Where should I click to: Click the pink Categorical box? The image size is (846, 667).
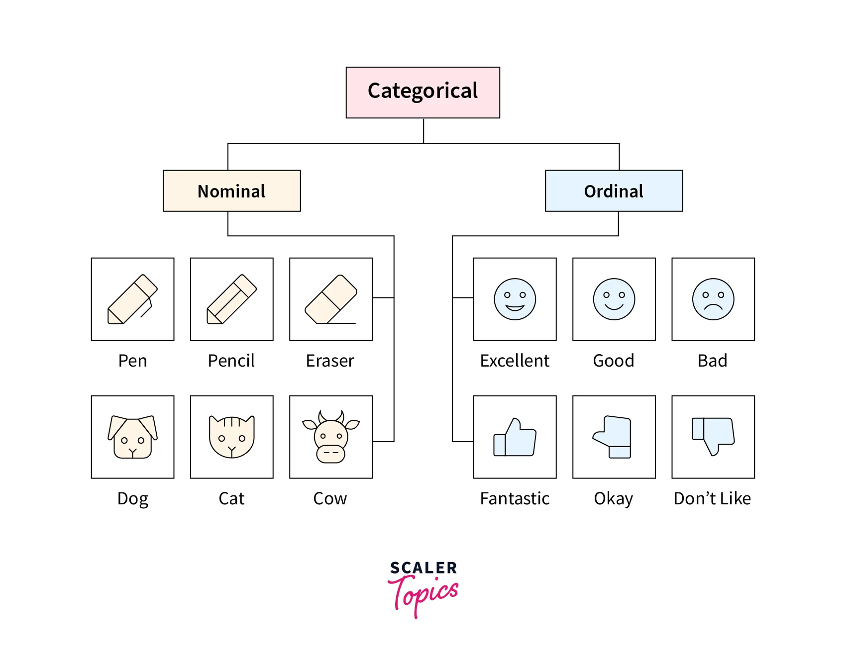tap(423, 93)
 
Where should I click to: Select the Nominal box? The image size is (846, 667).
tap(232, 191)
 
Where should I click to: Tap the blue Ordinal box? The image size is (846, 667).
tap(614, 191)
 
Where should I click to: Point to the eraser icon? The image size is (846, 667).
tap(331, 299)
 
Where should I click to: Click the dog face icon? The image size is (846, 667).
tap(133, 437)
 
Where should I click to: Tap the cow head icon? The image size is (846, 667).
tap(331, 437)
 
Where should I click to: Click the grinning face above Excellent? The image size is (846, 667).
tap(515, 299)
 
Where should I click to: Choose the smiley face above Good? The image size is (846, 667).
tap(614, 299)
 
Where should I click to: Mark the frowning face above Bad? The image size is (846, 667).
tap(713, 299)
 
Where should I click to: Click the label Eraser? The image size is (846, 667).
tap(330, 361)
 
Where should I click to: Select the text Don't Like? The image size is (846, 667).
tap(712, 498)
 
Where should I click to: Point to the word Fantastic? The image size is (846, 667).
tap(515, 498)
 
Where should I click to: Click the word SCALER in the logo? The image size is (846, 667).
tap(423, 568)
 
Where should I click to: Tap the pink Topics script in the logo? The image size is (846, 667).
tap(423, 595)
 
